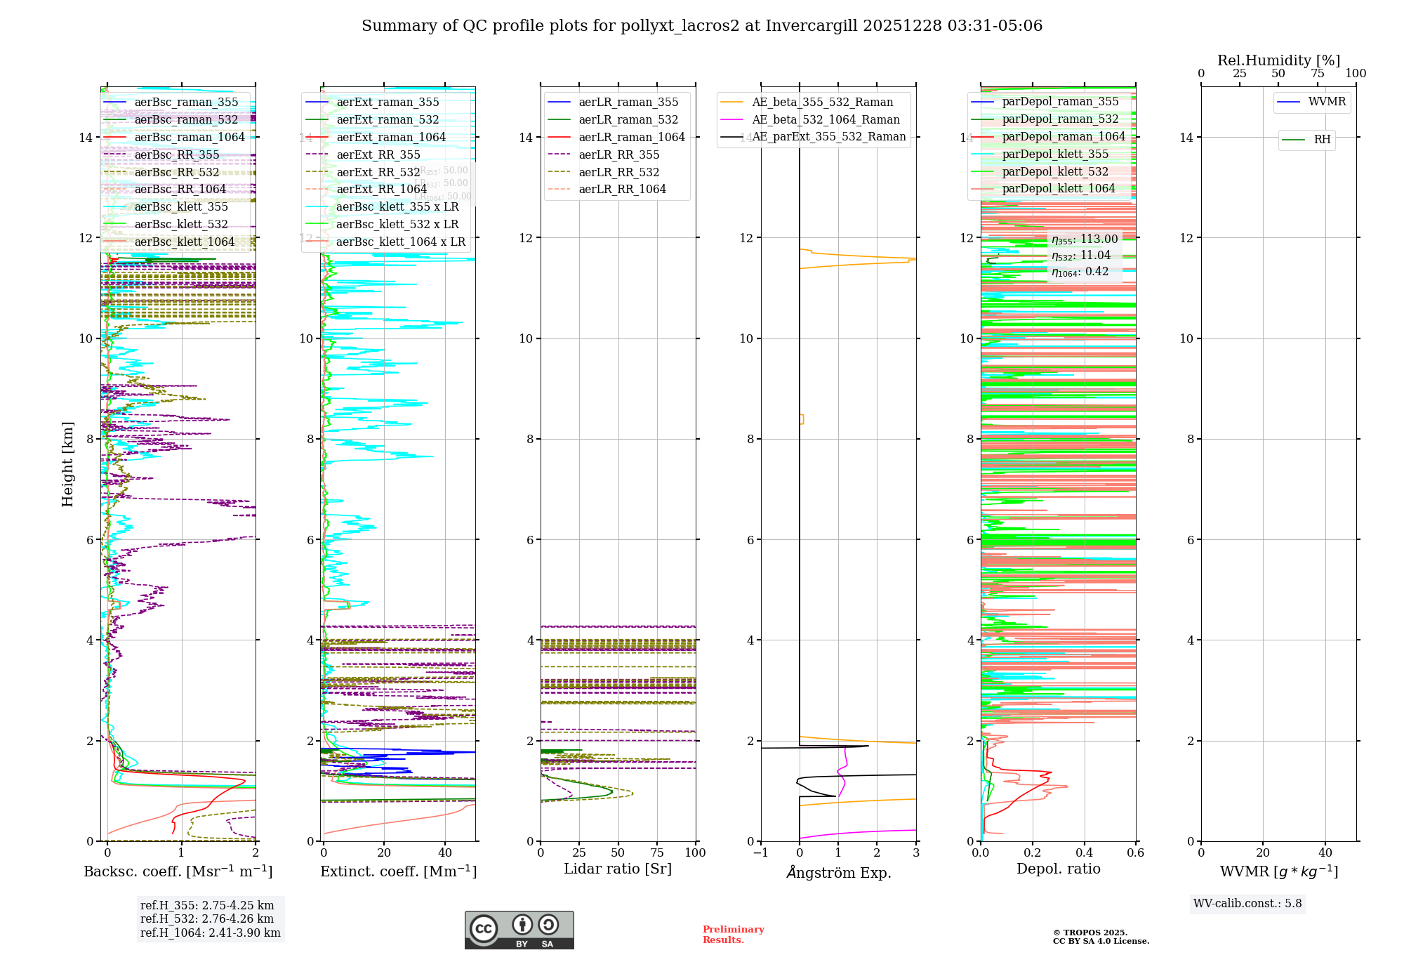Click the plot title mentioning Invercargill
[701, 26]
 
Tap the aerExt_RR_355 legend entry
[378, 154]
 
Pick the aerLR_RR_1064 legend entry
[622, 189]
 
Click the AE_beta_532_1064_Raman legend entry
[826, 119]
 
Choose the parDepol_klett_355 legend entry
[1055, 154]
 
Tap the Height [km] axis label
[67, 464]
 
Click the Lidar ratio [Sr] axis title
[618, 869]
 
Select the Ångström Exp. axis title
[838, 872]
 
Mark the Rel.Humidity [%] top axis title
[1278, 60]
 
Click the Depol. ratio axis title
[1058, 869]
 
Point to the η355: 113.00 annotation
[1084, 239]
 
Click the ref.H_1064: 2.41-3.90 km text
[210, 933]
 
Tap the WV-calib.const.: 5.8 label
[1247, 904]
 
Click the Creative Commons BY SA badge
[519, 930]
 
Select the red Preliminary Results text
[733, 935]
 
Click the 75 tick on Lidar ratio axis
[657, 853]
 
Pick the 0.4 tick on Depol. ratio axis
[1084, 853]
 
